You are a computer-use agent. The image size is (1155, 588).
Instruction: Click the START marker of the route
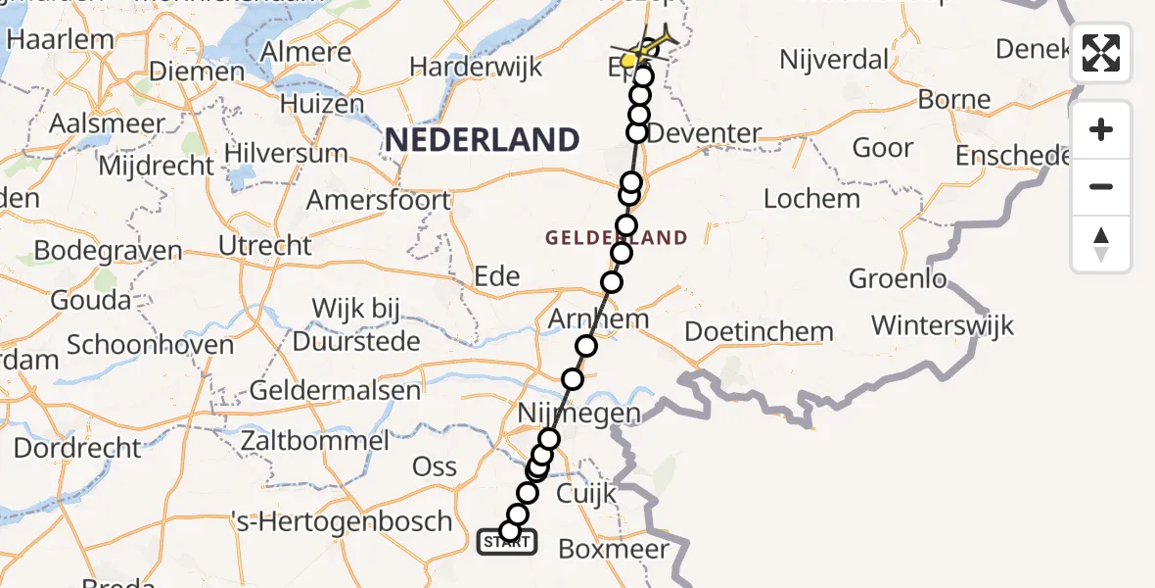[506, 541]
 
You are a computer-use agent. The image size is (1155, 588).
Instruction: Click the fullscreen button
[1101, 53]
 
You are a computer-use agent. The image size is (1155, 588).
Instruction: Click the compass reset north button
[1101, 244]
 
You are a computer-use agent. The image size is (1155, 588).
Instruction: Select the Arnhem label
[598, 319]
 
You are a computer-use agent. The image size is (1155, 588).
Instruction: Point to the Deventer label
[705, 133]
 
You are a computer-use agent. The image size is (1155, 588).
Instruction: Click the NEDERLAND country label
[482, 139]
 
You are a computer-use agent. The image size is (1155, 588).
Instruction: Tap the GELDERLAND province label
[617, 237]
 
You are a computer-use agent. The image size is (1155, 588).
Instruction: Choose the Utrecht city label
[265, 245]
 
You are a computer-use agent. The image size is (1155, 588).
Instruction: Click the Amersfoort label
[379, 200]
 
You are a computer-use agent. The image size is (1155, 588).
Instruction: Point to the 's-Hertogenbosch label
[342, 520]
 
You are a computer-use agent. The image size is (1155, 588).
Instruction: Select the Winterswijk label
[943, 325]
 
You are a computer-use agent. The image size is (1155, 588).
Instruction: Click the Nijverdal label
[833, 60]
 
